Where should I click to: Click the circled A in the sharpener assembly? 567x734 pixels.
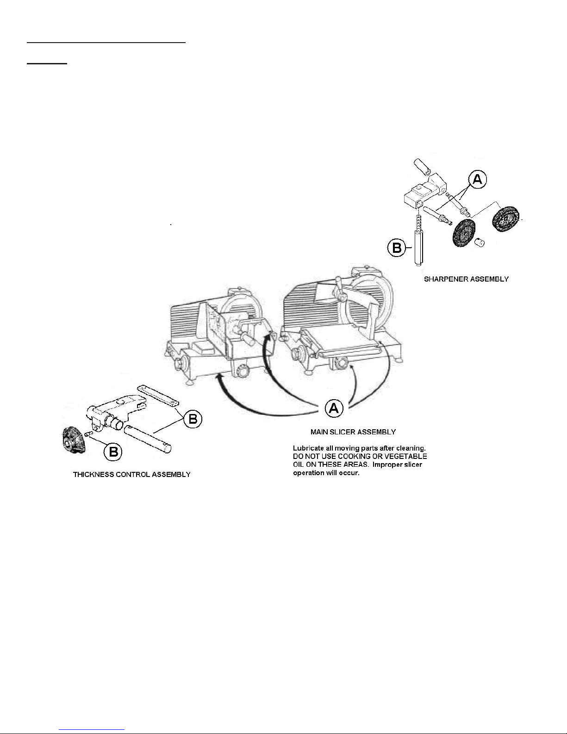pos(477,180)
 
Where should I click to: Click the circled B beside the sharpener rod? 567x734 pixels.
pos(397,248)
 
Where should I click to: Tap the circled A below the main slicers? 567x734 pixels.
pos(334,408)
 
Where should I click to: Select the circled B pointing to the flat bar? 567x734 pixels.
pos(193,419)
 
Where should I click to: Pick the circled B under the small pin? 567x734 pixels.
pos(113,452)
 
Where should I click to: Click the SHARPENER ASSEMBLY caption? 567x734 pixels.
pos(466,279)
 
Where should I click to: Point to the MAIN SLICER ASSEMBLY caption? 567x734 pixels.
pos(353,432)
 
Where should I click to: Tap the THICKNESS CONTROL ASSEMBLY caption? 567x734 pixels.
pos(131,474)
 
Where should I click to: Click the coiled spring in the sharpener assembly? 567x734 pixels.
pos(418,223)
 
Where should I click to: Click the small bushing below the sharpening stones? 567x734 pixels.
pos(479,242)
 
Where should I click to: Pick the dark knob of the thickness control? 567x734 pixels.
pos(75,439)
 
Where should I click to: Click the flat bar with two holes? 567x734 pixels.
pos(158,395)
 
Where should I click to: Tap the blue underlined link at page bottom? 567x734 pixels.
pos(92,729)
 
